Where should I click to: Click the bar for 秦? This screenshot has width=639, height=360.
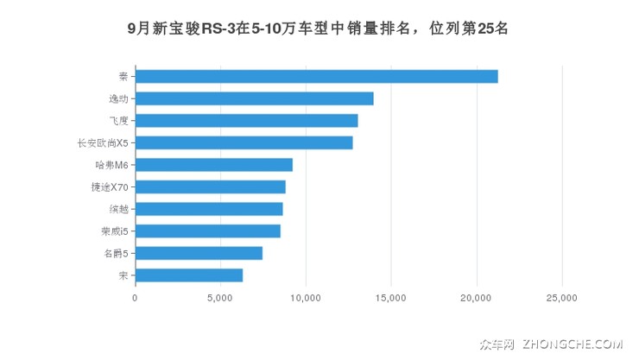point(316,77)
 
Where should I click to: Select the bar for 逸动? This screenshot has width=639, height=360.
point(254,98)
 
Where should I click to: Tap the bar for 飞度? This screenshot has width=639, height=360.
point(246,121)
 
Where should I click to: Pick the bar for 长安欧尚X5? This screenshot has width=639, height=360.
point(244,142)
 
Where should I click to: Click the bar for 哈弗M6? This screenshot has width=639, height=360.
point(213,165)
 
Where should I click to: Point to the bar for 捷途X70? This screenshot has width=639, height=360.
point(210,186)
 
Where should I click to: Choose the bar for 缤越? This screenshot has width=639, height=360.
point(208,209)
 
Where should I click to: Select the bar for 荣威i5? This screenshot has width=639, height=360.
point(207,231)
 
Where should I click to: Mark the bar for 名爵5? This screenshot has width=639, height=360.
point(199,253)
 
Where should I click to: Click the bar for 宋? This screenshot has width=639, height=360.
point(188,275)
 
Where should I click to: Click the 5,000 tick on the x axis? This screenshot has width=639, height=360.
point(220,297)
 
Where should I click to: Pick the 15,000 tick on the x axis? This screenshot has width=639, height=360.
point(391,297)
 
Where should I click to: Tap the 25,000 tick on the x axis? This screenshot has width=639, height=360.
point(562,297)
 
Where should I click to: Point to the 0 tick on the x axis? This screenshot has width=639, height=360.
point(136,297)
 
